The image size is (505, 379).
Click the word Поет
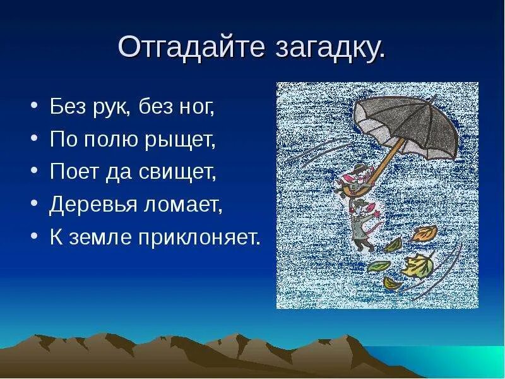click(72, 173)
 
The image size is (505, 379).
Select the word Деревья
click(92, 206)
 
